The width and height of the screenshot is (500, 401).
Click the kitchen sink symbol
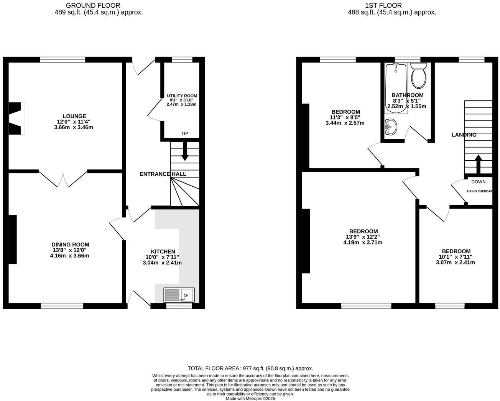179,295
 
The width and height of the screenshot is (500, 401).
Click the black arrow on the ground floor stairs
184,151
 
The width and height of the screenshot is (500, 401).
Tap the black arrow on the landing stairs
478,165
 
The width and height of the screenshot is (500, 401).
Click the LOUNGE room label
74,116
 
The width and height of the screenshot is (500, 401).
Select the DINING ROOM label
70,245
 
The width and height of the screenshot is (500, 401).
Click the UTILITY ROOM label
182,96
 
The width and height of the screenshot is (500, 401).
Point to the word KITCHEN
163,252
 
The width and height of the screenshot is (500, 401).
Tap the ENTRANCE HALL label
163,174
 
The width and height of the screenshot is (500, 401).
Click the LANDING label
464,135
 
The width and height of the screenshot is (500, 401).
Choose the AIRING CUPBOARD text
479,191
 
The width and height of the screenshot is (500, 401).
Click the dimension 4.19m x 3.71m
363,243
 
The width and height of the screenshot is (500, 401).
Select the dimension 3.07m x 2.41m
455,262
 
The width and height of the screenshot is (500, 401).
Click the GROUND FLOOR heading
93,5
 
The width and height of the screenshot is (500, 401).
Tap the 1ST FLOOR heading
383,5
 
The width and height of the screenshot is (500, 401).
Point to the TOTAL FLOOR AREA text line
250,368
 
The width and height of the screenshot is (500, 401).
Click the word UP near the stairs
185,134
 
